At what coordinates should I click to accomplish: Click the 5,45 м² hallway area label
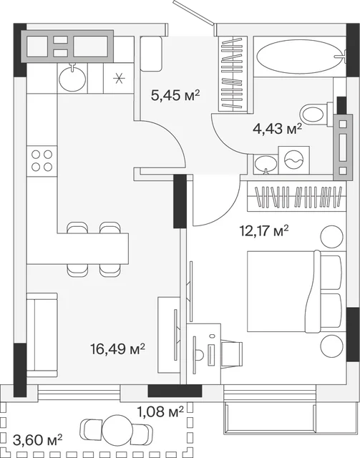coord(175,95)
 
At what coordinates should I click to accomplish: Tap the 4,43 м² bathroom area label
coord(277,129)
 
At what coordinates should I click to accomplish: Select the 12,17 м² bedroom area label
coord(264,230)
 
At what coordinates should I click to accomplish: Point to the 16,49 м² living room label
coord(118,349)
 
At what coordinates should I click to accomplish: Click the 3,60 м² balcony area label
coord(38,440)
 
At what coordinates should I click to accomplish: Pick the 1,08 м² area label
coord(160,411)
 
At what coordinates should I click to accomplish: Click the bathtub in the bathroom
coord(299,57)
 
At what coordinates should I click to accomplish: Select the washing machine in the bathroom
coord(293,160)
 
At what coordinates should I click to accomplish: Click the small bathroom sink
coord(266,165)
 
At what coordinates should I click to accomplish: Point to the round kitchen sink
coord(72,78)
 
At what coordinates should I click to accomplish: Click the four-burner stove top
coord(42,161)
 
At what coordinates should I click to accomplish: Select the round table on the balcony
coord(117,431)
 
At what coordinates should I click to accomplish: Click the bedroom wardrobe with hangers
coord(296,196)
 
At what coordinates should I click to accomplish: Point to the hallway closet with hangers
coord(233,74)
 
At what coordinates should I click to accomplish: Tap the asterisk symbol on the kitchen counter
coord(119,79)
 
